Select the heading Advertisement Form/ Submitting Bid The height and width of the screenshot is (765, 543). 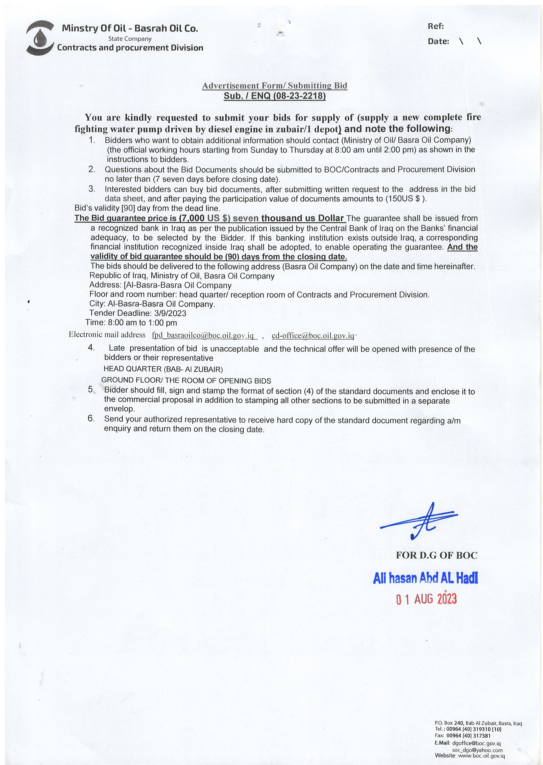(x=275, y=86)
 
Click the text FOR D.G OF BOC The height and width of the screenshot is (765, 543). (x=436, y=556)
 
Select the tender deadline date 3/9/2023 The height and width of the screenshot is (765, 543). (x=170, y=313)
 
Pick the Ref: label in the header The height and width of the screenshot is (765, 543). (x=436, y=26)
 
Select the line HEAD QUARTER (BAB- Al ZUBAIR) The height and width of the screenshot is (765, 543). (x=163, y=369)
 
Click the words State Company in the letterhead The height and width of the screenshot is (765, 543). (x=130, y=39)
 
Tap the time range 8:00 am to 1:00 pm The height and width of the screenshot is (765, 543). (x=142, y=323)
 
